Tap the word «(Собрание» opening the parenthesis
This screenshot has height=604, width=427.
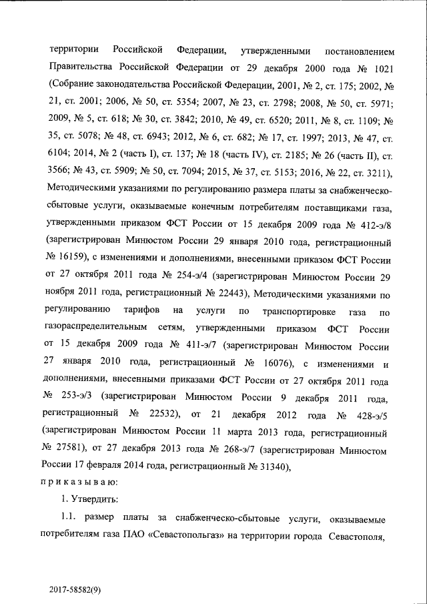point(73,86)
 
